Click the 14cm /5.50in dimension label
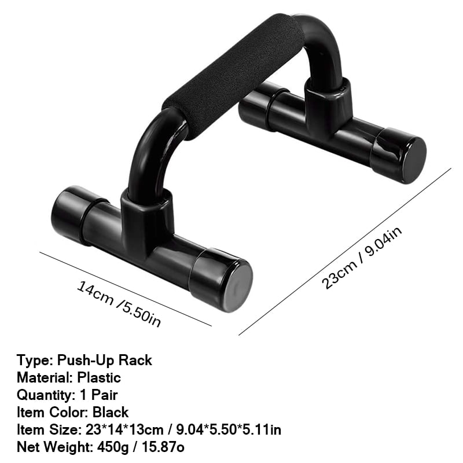point(119,302)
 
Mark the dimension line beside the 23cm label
point(344,252)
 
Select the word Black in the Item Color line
point(111,413)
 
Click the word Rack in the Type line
point(135,360)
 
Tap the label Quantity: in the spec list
point(44,395)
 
